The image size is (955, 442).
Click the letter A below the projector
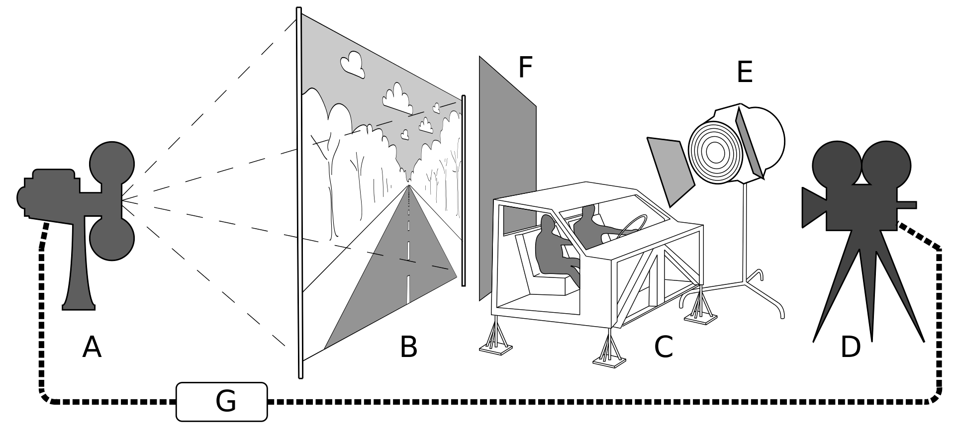(x=92, y=348)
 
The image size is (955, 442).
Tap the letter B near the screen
(x=408, y=348)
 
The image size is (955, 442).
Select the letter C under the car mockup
(x=664, y=348)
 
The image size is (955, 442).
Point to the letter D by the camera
(x=850, y=348)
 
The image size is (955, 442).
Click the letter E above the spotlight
(x=745, y=73)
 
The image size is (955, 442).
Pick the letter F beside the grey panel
(x=525, y=68)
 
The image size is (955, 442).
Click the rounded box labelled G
(x=222, y=402)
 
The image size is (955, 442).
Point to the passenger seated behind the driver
(x=552, y=249)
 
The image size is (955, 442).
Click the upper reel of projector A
(x=112, y=164)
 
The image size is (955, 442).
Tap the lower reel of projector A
(x=112, y=238)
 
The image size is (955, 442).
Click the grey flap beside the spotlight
(x=669, y=169)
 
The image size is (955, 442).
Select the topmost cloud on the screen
(x=353, y=64)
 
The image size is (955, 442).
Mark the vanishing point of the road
(x=409, y=185)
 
